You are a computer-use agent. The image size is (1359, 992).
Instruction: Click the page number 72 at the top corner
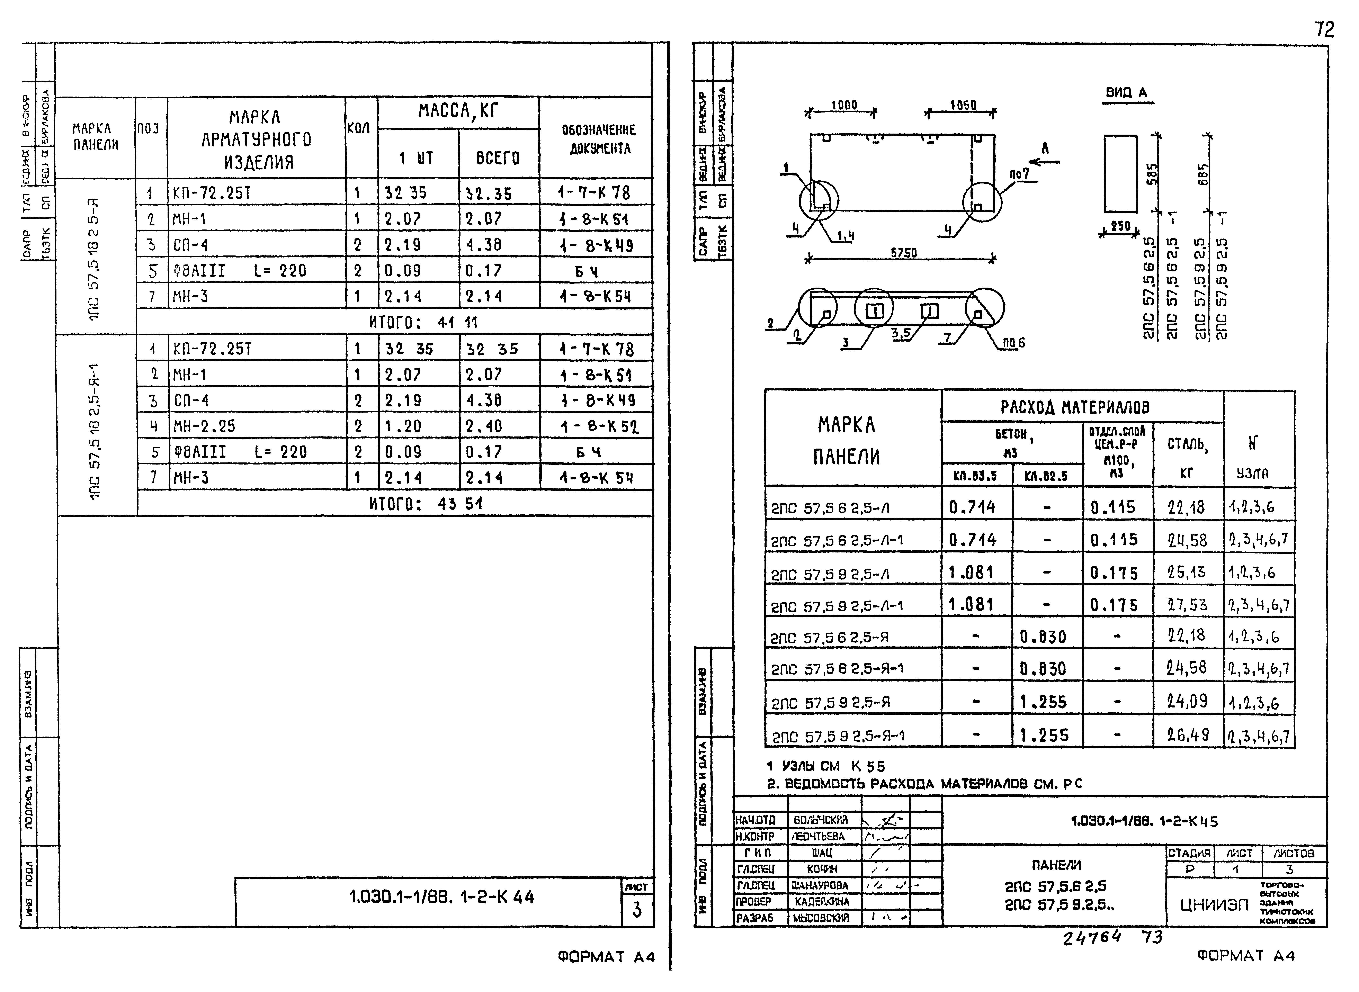point(1324,29)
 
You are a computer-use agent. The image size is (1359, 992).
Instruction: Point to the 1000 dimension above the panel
point(844,105)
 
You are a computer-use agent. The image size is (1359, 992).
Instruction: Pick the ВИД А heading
point(1126,92)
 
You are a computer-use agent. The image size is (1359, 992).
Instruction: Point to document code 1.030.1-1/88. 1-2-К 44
point(441,897)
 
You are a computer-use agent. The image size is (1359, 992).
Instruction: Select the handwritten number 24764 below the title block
point(1091,938)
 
